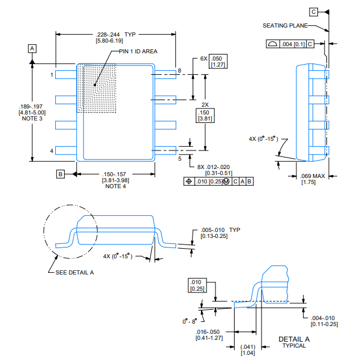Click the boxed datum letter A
point(32,47)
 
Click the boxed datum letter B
point(60,174)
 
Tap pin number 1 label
point(52,75)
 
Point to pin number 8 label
point(179,71)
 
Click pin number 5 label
point(179,159)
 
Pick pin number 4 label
point(52,150)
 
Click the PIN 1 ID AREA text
point(137,52)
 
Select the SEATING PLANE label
point(285,25)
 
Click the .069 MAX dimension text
point(312,176)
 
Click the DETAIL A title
point(294,339)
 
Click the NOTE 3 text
point(32,119)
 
